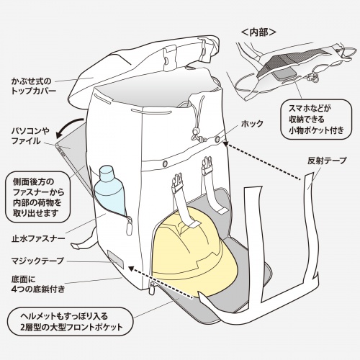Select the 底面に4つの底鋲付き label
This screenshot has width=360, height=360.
35,284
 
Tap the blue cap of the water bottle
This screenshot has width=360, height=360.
106,173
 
